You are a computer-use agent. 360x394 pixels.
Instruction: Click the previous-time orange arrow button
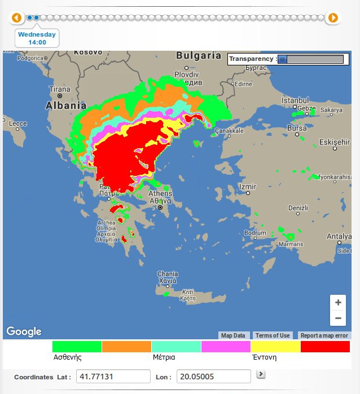(16, 18)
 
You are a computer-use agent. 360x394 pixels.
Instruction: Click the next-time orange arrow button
(333, 18)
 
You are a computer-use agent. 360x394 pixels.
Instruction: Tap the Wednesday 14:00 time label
(37, 38)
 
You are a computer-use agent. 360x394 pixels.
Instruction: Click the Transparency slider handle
(282, 59)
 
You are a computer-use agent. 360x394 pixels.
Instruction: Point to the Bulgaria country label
(199, 56)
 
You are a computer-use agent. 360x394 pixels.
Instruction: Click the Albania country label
(66, 105)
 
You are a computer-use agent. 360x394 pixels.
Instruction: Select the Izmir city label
(248, 187)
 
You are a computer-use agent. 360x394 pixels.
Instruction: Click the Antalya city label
(339, 236)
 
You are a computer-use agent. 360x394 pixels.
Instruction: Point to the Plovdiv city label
(187, 74)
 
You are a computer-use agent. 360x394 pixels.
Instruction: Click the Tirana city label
(60, 89)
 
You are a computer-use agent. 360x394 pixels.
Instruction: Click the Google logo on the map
(24, 331)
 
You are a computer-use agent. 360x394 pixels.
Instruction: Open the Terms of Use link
(272, 335)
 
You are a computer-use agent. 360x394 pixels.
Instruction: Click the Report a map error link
(324, 335)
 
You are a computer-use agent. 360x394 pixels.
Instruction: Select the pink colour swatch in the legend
(226, 347)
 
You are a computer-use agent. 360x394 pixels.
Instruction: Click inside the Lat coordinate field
(113, 377)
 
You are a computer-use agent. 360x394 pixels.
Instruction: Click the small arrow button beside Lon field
(261, 374)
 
